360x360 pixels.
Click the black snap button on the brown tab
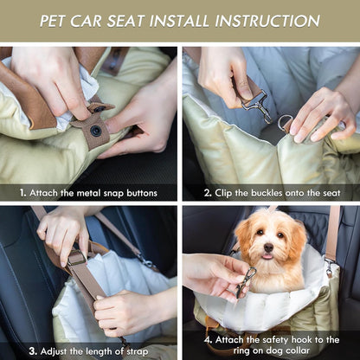click(94, 131)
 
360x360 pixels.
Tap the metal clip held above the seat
click(254, 105)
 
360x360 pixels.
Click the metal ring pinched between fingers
click(286, 124)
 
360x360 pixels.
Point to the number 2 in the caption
click(208, 193)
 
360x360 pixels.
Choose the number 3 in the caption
click(31, 351)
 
